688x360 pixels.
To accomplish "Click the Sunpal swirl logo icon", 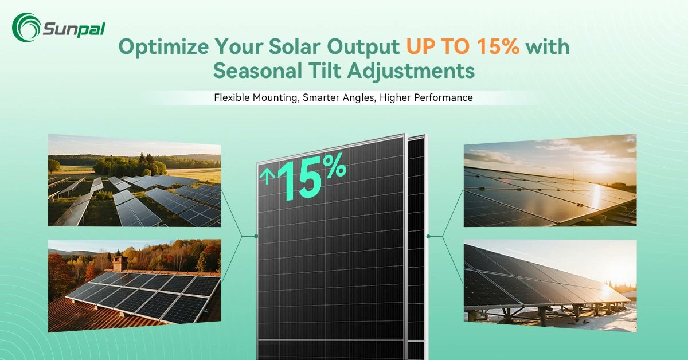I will pyautogui.click(x=26, y=27).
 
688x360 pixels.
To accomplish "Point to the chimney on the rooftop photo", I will pyautogui.click(x=120, y=263).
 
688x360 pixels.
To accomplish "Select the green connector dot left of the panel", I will pyautogui.click(x=256, y=236).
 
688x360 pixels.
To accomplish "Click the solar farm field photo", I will pyautogui.click(x=135, y=181).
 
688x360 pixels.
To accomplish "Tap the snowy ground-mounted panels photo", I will pyautogui.click(x=550, y=287).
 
